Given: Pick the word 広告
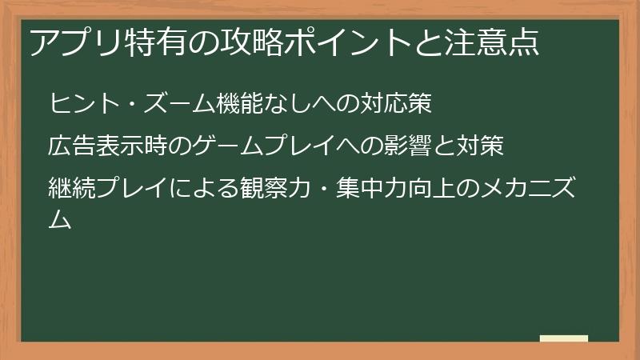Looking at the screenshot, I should (x=73, y=147).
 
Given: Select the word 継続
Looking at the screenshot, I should (x=73, y=190).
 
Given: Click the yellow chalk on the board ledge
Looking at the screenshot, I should (x=563, y=339).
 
